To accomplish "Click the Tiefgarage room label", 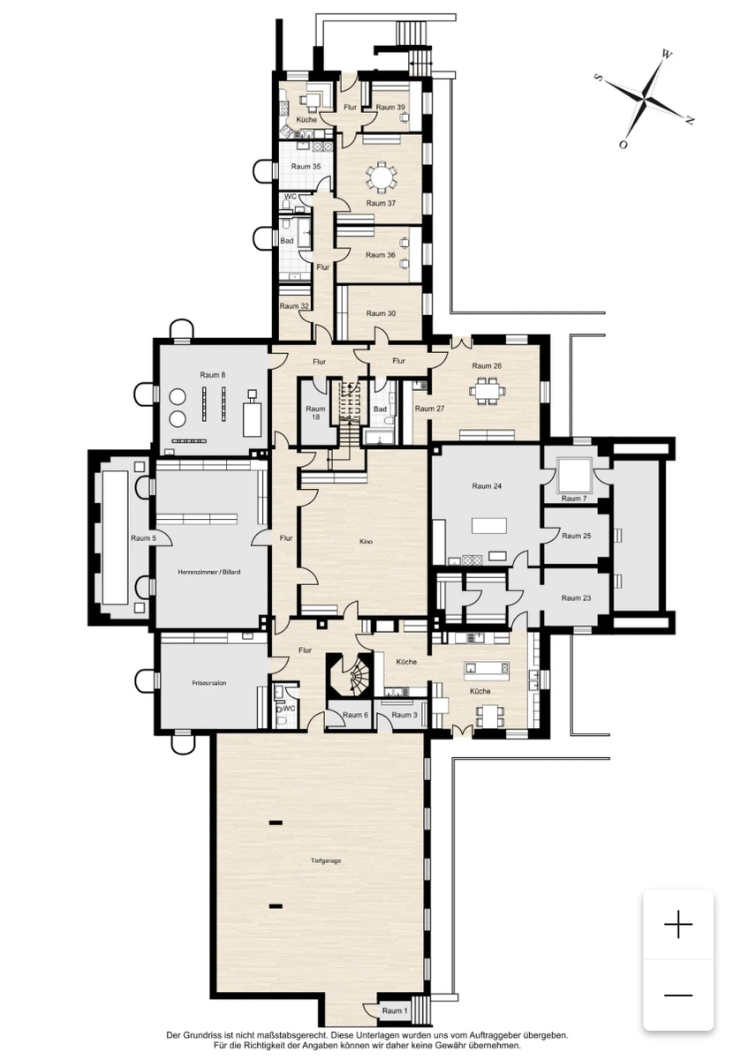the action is point(326,861).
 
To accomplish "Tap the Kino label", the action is point(366,541).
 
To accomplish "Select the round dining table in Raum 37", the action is point(381,177).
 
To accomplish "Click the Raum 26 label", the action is point(487,365).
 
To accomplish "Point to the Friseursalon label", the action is point(208,683).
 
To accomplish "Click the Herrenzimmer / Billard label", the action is point(208,572).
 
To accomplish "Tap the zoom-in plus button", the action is point(678,924).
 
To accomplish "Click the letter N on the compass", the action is point(690,121).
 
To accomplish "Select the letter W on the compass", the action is point(666,54).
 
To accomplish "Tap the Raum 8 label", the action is point(213,375).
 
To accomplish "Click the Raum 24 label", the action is point(487,486).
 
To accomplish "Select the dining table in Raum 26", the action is point(488,390).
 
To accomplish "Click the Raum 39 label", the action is point(390,108).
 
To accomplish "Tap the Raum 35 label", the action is point(306,167).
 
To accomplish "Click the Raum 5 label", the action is point(143,538).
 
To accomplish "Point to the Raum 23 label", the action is point(576,597).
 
